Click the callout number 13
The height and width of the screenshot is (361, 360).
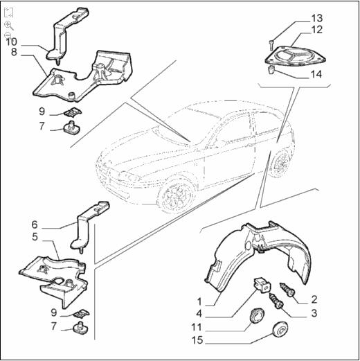pyautogui.click(x=317, y=18)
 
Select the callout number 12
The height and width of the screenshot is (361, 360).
pyautogui.click(x=317, y=30)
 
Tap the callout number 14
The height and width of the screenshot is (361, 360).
pyautogui.click(x=316, y=74)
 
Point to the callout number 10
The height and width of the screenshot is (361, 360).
pyautogui.click(x=11, y=42)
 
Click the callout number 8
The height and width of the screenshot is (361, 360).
pyautogui.click(x=14, y=52)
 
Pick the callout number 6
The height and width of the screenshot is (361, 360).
pyautogui.click(x=35, y=224)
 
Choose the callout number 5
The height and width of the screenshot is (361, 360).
pyautogui.click(x=35, y=237)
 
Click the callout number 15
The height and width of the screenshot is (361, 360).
pyautogui.click(x=197, y=340)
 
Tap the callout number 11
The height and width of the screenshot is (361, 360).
pyautogui.click(x=197, y=327)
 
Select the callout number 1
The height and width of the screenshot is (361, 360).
pyautogui.click(x=199, y=301)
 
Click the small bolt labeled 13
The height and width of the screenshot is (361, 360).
pyautogui.click(x=271, y=45)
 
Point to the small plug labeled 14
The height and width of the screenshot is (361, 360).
pyautogui.click(x=271, y=69)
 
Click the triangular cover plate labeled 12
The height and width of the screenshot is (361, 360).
pyautogui.click(x=295, y=55)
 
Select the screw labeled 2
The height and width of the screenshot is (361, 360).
pyautogui.click(x=287, y=290)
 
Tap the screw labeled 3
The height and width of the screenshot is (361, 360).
pyautogui.click(x=276, y=301)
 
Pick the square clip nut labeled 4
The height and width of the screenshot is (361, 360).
pyautogui.click(x=262, y=285)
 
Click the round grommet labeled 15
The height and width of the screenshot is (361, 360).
pyautogui.click(x=280, y=331)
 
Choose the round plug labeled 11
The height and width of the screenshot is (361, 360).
pyautogui.click(x=257, y=315)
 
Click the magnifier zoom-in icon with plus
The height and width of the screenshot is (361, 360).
pyautogui.click(x=9, y=25)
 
